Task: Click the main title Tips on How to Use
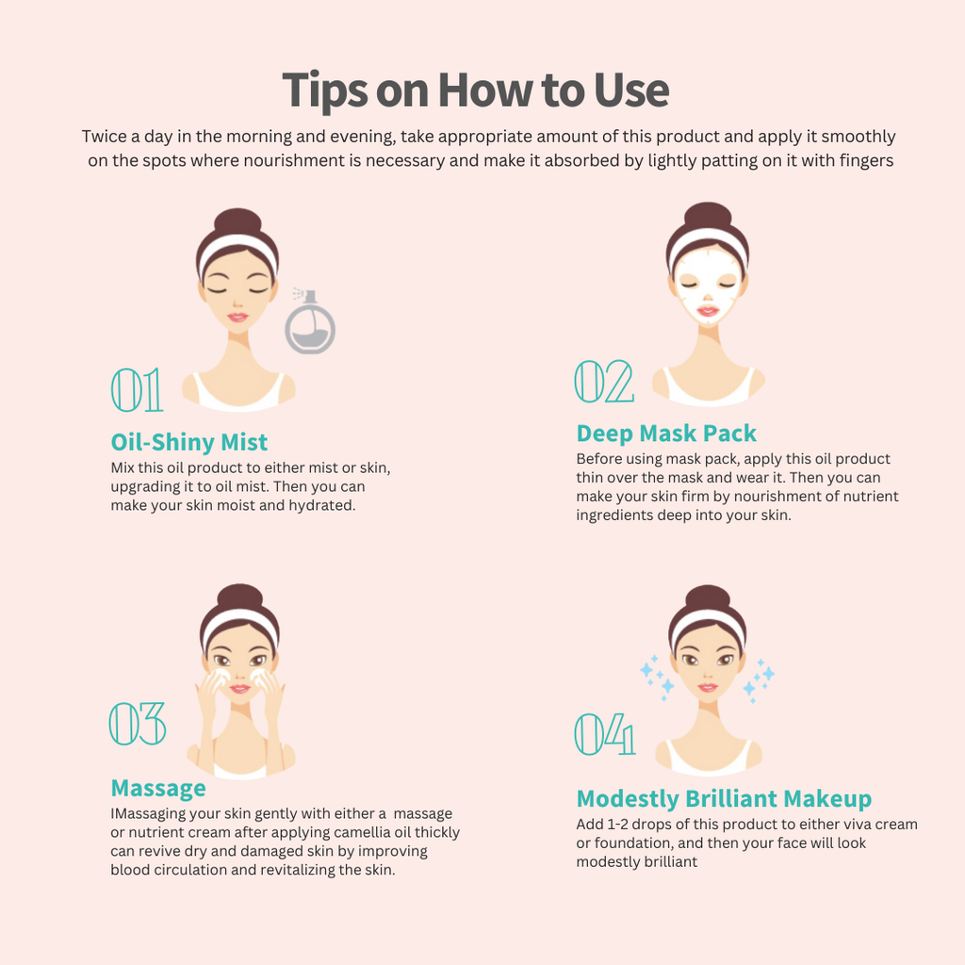point(475,90)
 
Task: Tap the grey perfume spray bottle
point(309,322)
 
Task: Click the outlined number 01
point(137,389)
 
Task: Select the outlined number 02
point(604,382)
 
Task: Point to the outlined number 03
point(138,723)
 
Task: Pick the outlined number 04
point(604,733)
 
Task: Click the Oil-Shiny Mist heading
point(188,443)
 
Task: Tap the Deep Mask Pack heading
point(666,433)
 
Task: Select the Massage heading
point(158,789)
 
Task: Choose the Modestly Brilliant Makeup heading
point(724,799)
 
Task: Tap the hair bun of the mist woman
point(237,222)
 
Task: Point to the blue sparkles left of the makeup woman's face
point(657,678)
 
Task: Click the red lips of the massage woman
point(239,688)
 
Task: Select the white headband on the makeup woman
point(708,623)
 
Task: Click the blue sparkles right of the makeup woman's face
point(760,680)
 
